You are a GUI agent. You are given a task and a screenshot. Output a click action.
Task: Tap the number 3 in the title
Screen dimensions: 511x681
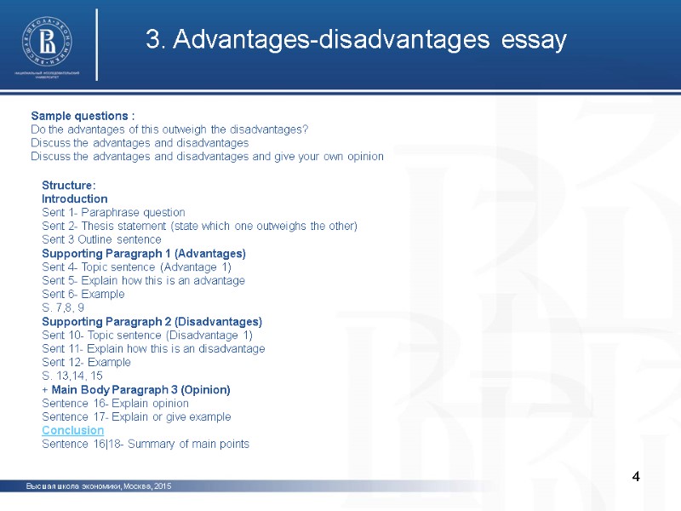[152, 40]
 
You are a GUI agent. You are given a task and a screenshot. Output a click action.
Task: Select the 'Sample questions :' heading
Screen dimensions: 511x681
[83, 116]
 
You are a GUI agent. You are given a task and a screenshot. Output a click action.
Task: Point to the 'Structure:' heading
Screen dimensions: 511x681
[69, 185]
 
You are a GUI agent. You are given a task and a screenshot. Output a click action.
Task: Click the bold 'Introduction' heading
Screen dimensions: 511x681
[75, 198]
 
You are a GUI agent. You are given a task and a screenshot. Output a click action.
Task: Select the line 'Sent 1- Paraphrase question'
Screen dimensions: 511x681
[113, 212]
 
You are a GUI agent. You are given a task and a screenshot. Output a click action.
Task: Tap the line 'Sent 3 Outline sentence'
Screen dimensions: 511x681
[101, 239]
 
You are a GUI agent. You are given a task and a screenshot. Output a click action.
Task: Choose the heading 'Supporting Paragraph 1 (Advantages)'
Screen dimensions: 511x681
[144, 254]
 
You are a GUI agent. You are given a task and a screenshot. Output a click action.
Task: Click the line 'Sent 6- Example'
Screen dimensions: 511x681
[83, 294]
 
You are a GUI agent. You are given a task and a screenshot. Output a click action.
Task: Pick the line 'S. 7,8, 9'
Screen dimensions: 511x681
[63, 307]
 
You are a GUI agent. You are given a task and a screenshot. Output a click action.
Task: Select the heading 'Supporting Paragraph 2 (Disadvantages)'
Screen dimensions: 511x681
[152, 322]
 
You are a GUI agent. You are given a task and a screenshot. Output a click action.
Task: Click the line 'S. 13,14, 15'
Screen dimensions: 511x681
[72, 376]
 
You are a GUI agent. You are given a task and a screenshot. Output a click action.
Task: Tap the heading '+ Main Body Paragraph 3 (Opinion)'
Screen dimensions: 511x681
[136, 389]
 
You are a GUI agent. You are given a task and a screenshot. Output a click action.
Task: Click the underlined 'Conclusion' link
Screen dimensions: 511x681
[73, 430]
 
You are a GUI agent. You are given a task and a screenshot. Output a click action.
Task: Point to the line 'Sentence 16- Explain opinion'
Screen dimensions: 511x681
[116, 403]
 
